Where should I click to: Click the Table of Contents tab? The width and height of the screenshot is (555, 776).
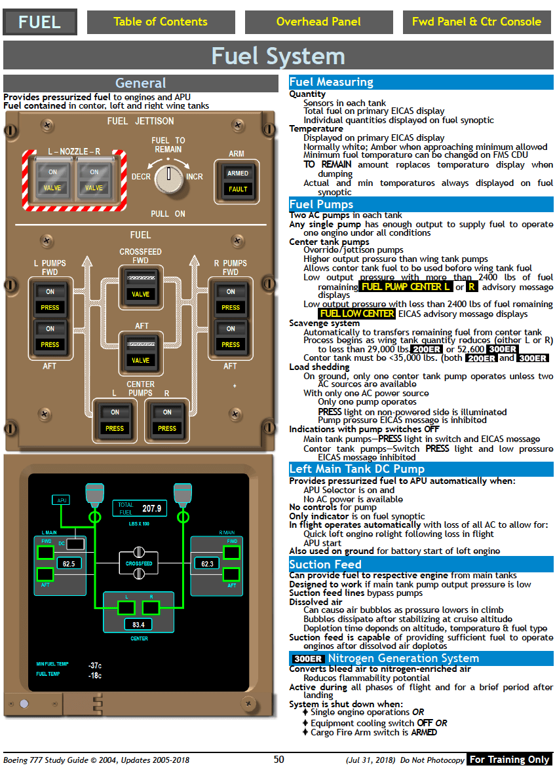[x=161, y=22]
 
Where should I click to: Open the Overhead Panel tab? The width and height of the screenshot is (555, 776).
[x=318, y=22]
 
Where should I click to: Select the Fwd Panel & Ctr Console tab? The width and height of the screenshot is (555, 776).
[x=476, y=22]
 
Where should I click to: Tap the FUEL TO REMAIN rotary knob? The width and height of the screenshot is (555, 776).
[x=169, y=177]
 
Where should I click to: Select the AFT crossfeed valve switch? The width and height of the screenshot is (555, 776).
[x=140, y=352]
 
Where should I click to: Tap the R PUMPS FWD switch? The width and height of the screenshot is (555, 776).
[x=231, y=299]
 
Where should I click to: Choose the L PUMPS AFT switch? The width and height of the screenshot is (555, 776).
[x=50, y=337]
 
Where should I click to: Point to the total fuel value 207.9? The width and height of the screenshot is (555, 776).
[x=151, y=509]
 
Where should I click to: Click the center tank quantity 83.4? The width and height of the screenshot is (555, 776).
[x=138, y=625]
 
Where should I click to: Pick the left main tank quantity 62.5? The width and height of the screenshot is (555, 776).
[x=68, y=563]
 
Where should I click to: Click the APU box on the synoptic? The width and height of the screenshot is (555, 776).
[x=62, y=500]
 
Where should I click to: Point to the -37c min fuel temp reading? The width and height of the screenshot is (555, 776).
[x=95, y=665]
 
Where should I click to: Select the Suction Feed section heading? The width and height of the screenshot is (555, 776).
[x=326, y=564]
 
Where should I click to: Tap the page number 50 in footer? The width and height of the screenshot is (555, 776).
[x=279, y=760]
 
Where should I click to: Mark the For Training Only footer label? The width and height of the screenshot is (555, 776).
[x=509, y=760]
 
